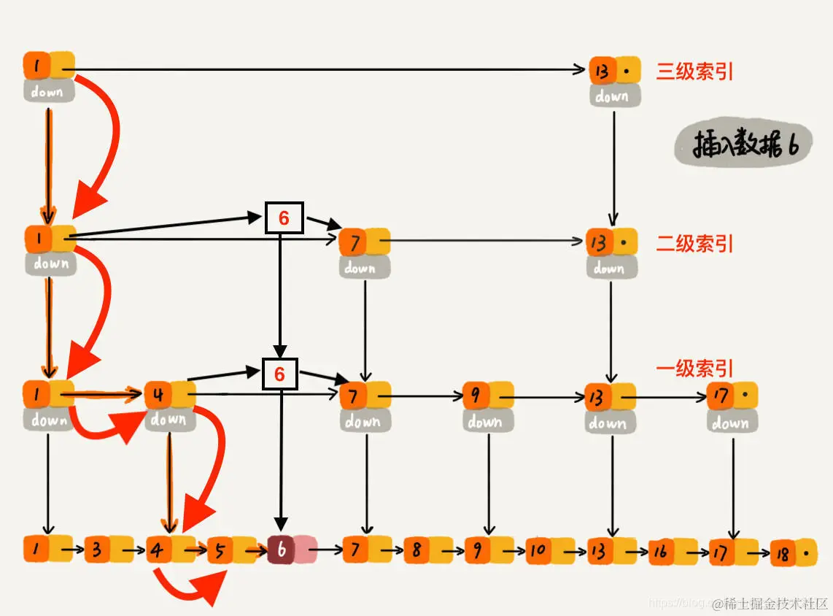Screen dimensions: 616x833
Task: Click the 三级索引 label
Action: coord(694,72)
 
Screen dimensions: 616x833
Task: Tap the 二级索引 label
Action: coord(694,244)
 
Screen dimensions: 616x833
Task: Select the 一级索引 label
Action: coord(694,369)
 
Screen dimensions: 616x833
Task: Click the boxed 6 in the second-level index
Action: coord(284,217)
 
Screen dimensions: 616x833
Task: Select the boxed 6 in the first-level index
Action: coord(280,374)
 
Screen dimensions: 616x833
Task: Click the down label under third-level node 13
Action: coord(613,96)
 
